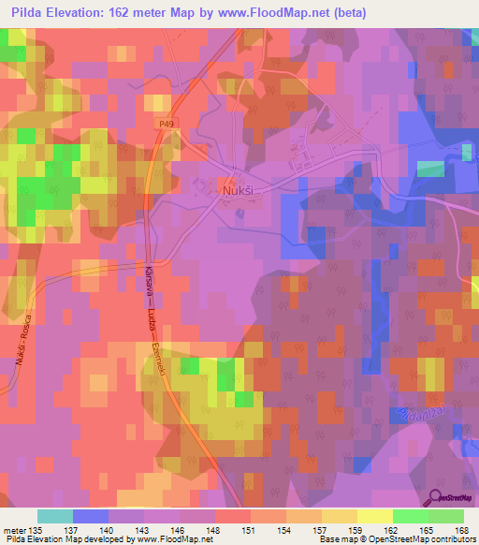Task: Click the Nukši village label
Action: pyautogui.click(x=238, y=189)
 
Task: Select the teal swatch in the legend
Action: pyautogui.click(x=55, y=516)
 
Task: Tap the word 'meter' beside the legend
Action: pyautogui.click(x=14, y=529)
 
